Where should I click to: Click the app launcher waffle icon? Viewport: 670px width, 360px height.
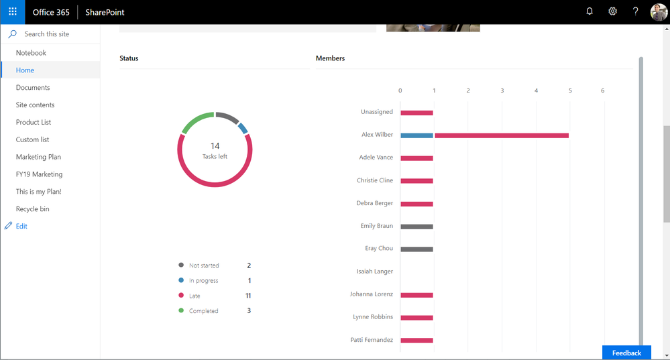12,12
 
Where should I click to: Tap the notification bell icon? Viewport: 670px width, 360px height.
590,11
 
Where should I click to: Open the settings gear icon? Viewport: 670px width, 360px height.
612,11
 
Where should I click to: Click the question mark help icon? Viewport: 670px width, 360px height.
636,11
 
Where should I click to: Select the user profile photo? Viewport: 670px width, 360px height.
659,12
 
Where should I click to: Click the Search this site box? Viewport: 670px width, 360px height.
54,34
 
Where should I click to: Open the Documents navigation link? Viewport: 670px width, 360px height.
33,88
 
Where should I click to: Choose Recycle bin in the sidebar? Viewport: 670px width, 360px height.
32,209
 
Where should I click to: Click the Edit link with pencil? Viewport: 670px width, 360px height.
21,227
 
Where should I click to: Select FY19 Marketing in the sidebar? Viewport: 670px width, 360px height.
39,174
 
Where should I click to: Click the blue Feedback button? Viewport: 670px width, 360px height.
626,353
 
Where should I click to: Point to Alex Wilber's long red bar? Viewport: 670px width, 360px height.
502,135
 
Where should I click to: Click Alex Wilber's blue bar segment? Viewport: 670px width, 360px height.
417,135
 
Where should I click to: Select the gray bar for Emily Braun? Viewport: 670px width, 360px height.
417,227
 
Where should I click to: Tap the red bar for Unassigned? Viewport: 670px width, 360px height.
417,113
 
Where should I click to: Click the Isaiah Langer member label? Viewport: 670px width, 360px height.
375,272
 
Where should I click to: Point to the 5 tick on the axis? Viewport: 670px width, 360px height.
570,91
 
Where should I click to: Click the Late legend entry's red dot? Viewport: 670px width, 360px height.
180,296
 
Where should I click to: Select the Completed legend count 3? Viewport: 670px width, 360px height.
249,311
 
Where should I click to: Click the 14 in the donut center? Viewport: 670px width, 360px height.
215,145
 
